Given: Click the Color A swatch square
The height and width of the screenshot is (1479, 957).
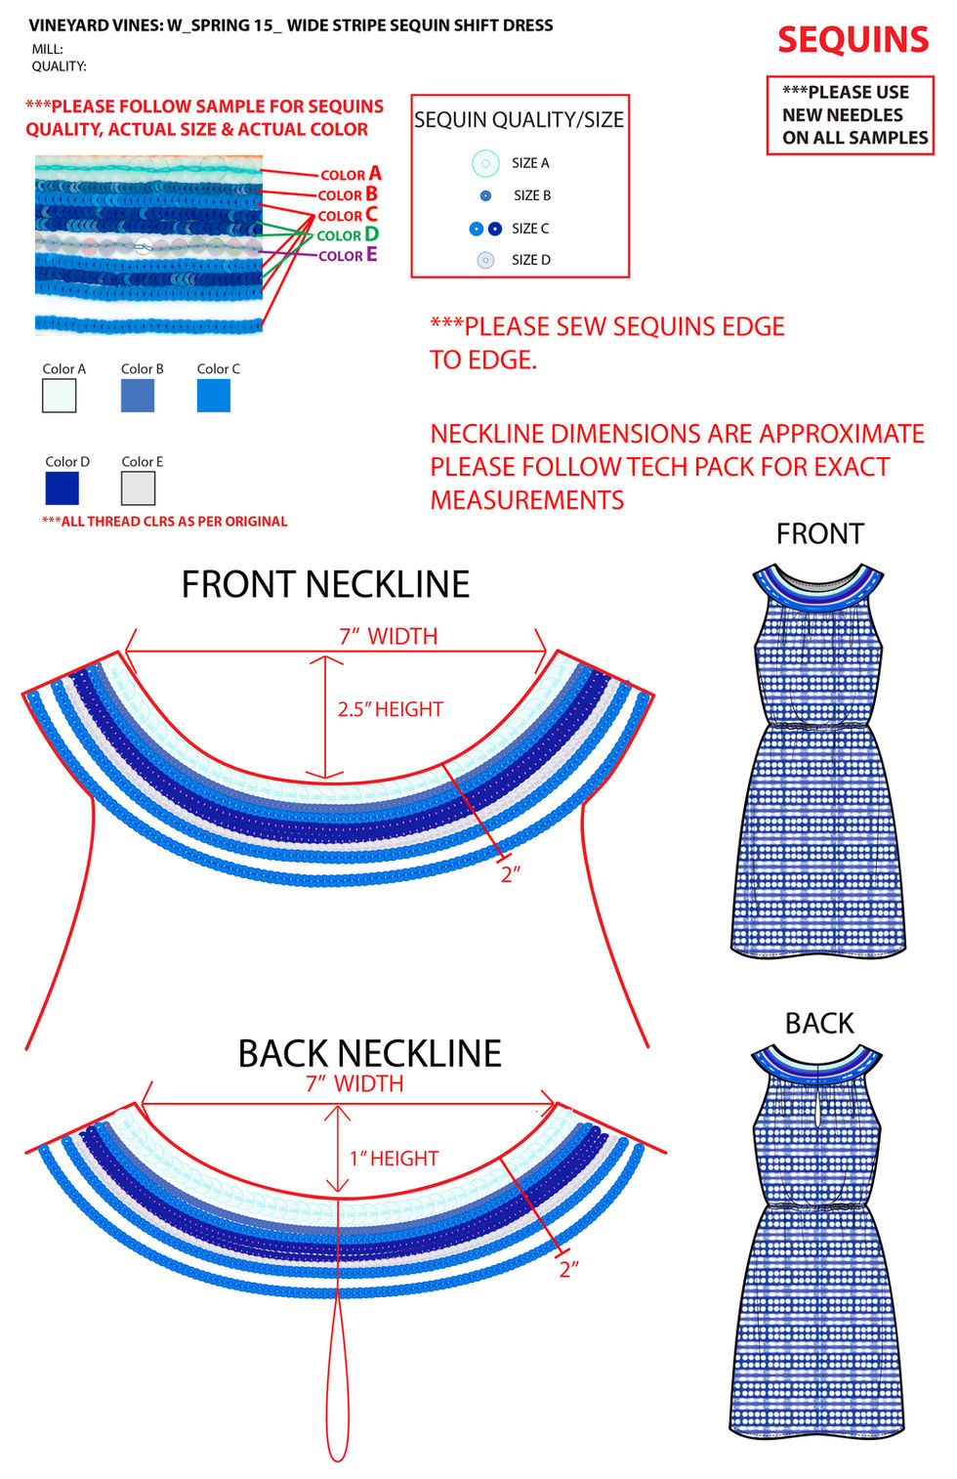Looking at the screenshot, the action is pos(60,396).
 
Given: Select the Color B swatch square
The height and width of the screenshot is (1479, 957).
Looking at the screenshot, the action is pos(138,396).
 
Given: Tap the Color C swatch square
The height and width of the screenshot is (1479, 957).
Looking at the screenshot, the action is pos(214,396).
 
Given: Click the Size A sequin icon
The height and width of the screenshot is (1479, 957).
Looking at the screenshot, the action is pos(485,163).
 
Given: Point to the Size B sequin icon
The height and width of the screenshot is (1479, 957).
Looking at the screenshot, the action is pos(485,196).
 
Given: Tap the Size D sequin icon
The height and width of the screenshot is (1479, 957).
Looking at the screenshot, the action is pos(485,260).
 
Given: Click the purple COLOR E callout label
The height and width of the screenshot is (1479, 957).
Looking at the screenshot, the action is pos(348,256).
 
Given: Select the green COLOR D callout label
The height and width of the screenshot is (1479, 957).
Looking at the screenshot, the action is pos(348,235).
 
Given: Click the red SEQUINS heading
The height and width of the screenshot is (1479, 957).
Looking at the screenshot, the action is pos(853,40).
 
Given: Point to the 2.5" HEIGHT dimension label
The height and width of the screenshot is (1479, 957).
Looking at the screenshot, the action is pos(390,709).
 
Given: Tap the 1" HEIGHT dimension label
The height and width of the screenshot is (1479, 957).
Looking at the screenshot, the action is pos(394,1159).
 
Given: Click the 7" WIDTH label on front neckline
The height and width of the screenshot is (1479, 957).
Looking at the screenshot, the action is pos(388,636).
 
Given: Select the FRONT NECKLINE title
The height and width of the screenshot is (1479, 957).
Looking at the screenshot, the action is pos(325,584).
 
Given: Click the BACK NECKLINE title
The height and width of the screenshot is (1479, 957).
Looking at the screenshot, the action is pos(369,1053).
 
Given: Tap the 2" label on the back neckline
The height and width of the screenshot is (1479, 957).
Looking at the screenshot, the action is pos(568,1269).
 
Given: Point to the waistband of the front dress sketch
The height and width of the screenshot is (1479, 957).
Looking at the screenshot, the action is pos(818,725).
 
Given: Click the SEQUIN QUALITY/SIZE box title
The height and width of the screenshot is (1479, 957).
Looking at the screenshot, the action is pos(519,120).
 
